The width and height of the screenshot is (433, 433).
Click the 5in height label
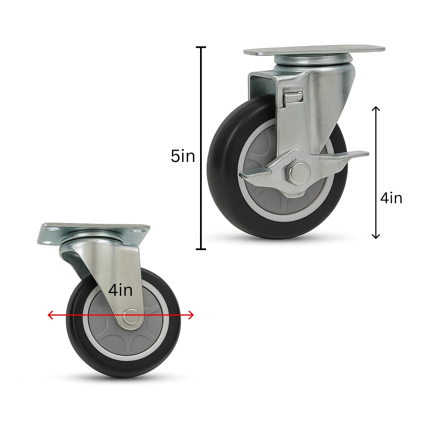(x=183, y=156)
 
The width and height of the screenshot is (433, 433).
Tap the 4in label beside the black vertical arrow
(x=391, y=198)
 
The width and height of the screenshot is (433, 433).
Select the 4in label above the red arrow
(x=120, y=290)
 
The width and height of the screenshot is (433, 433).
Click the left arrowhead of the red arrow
(x=50, y=315)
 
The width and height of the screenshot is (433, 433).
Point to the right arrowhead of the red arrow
(x=191, y=315)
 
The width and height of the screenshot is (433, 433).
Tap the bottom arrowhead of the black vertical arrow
(x=376, y=237)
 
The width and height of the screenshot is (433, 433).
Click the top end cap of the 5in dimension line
(x=201, y=47)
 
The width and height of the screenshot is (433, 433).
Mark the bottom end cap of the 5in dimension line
(x=201, y=249)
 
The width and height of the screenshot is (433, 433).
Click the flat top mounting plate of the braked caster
(x=314, y=51)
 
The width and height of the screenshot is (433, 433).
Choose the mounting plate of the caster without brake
(x=94, y=229)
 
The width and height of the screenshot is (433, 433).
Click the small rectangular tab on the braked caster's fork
(x=293, y=98)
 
